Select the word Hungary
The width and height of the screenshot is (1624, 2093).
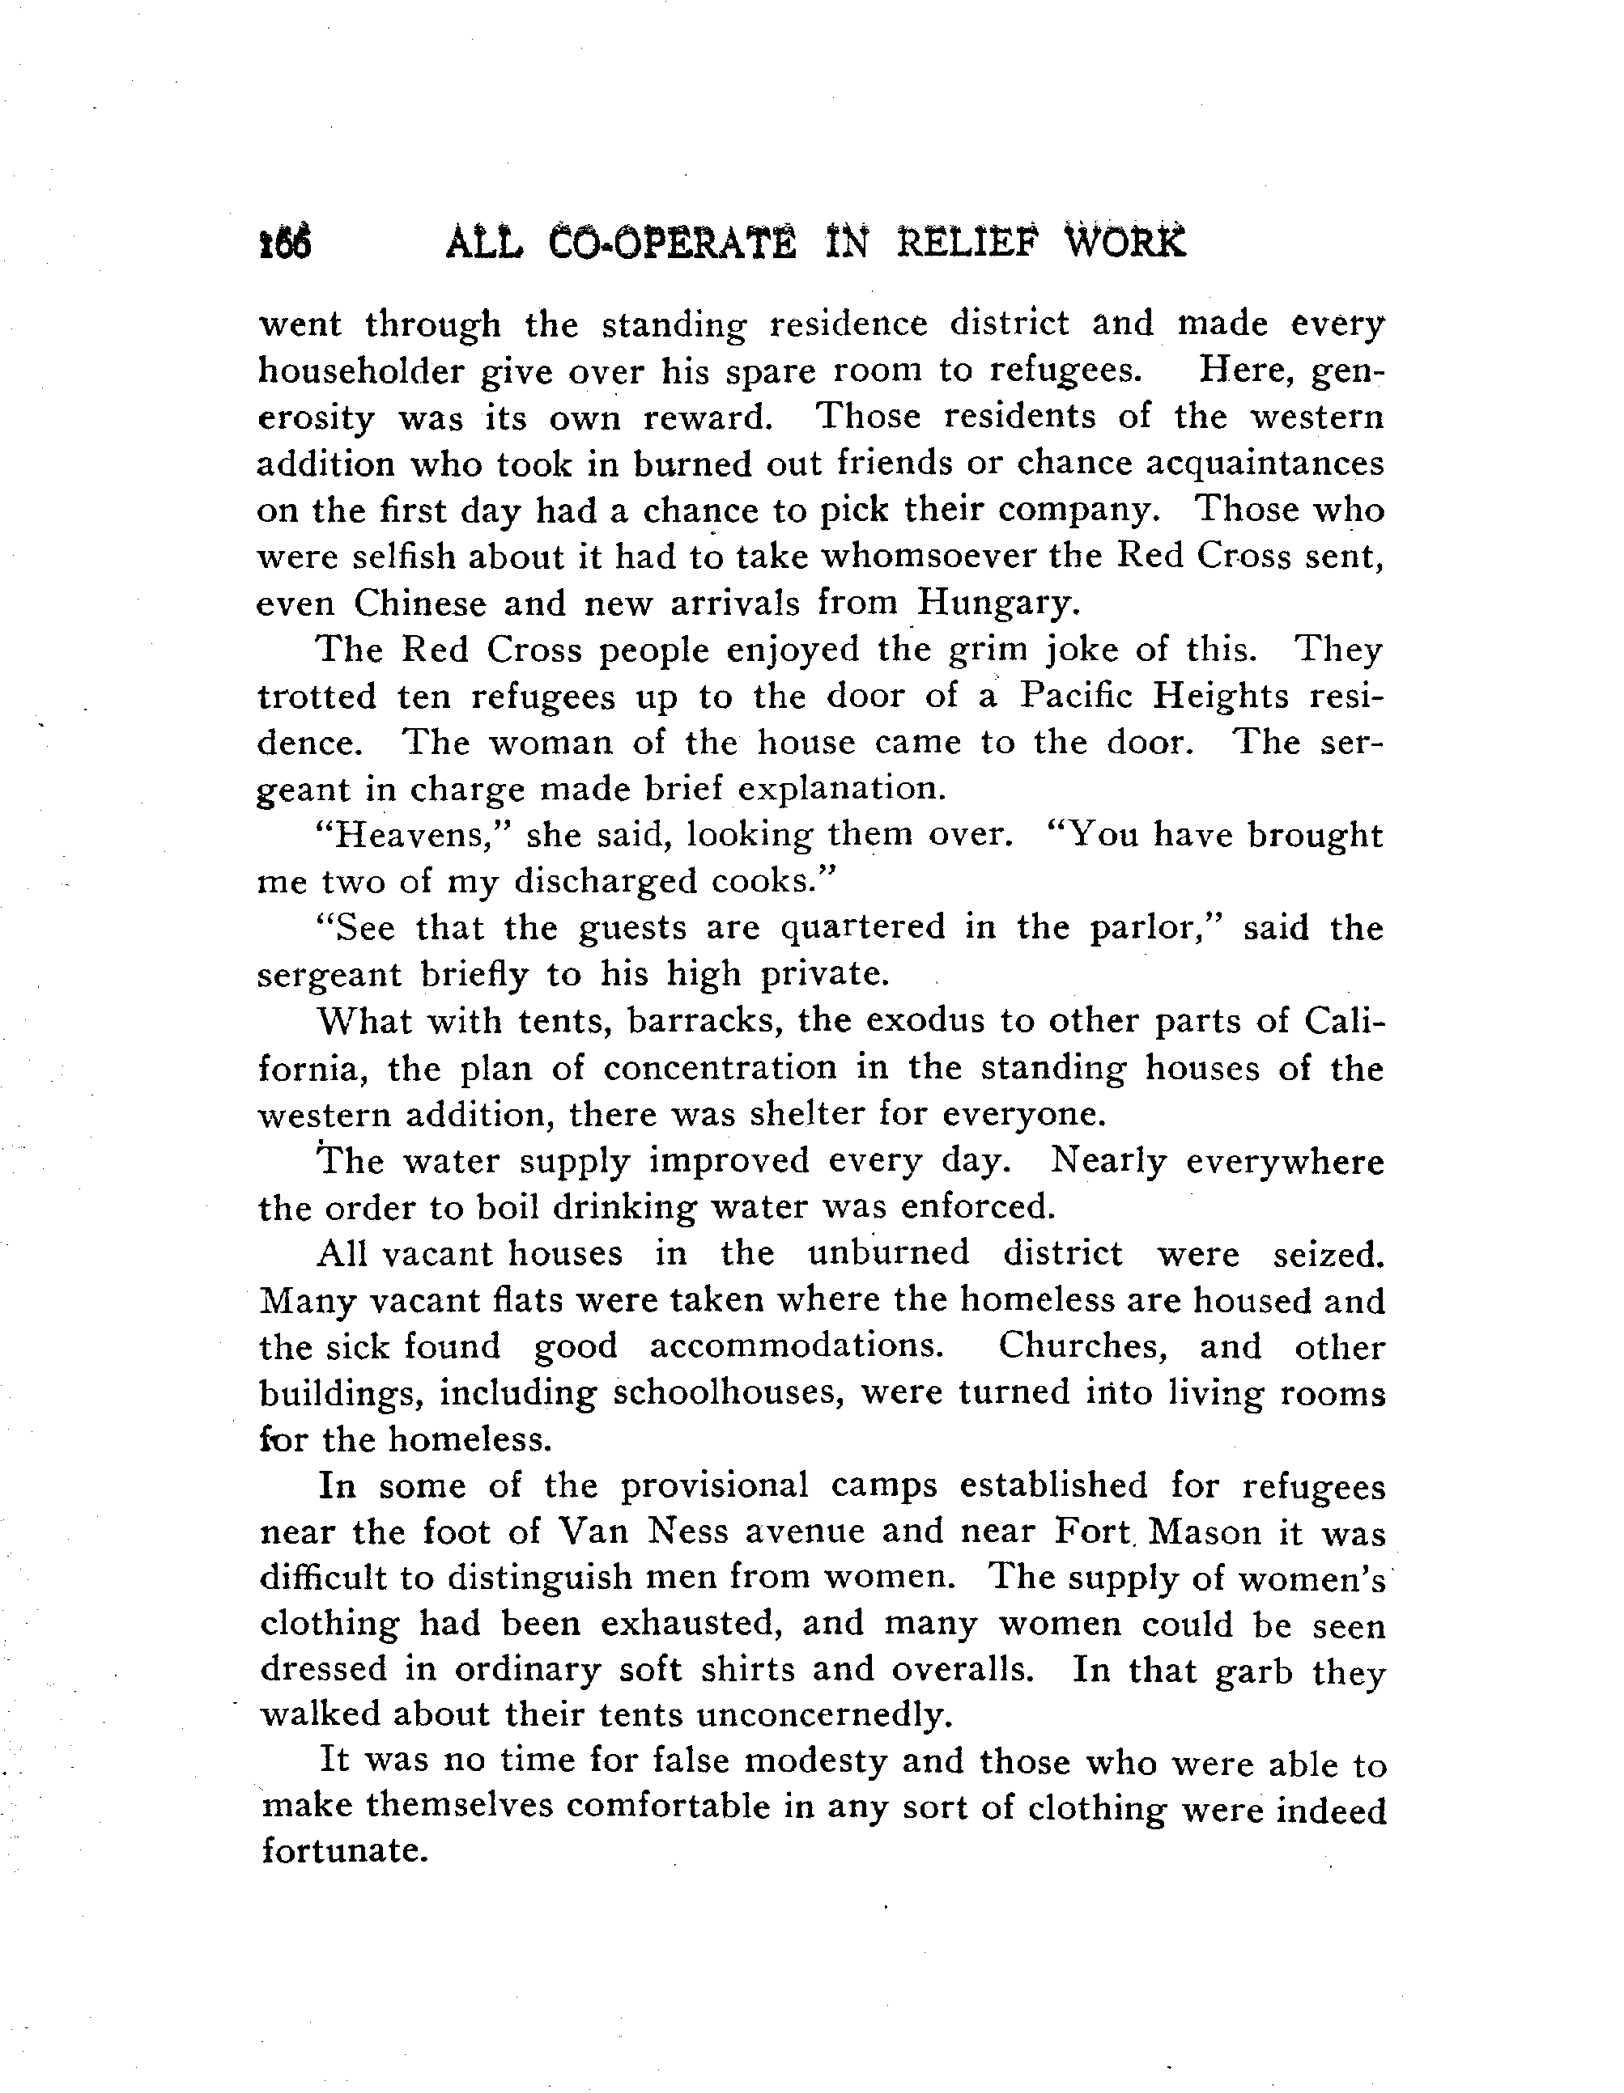(x=998, y=603)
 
